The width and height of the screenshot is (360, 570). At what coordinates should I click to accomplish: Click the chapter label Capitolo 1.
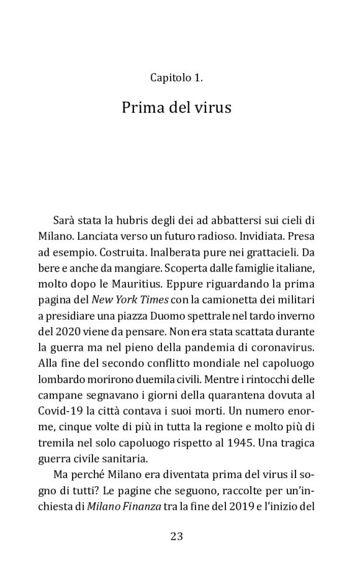tap(176, 78)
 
